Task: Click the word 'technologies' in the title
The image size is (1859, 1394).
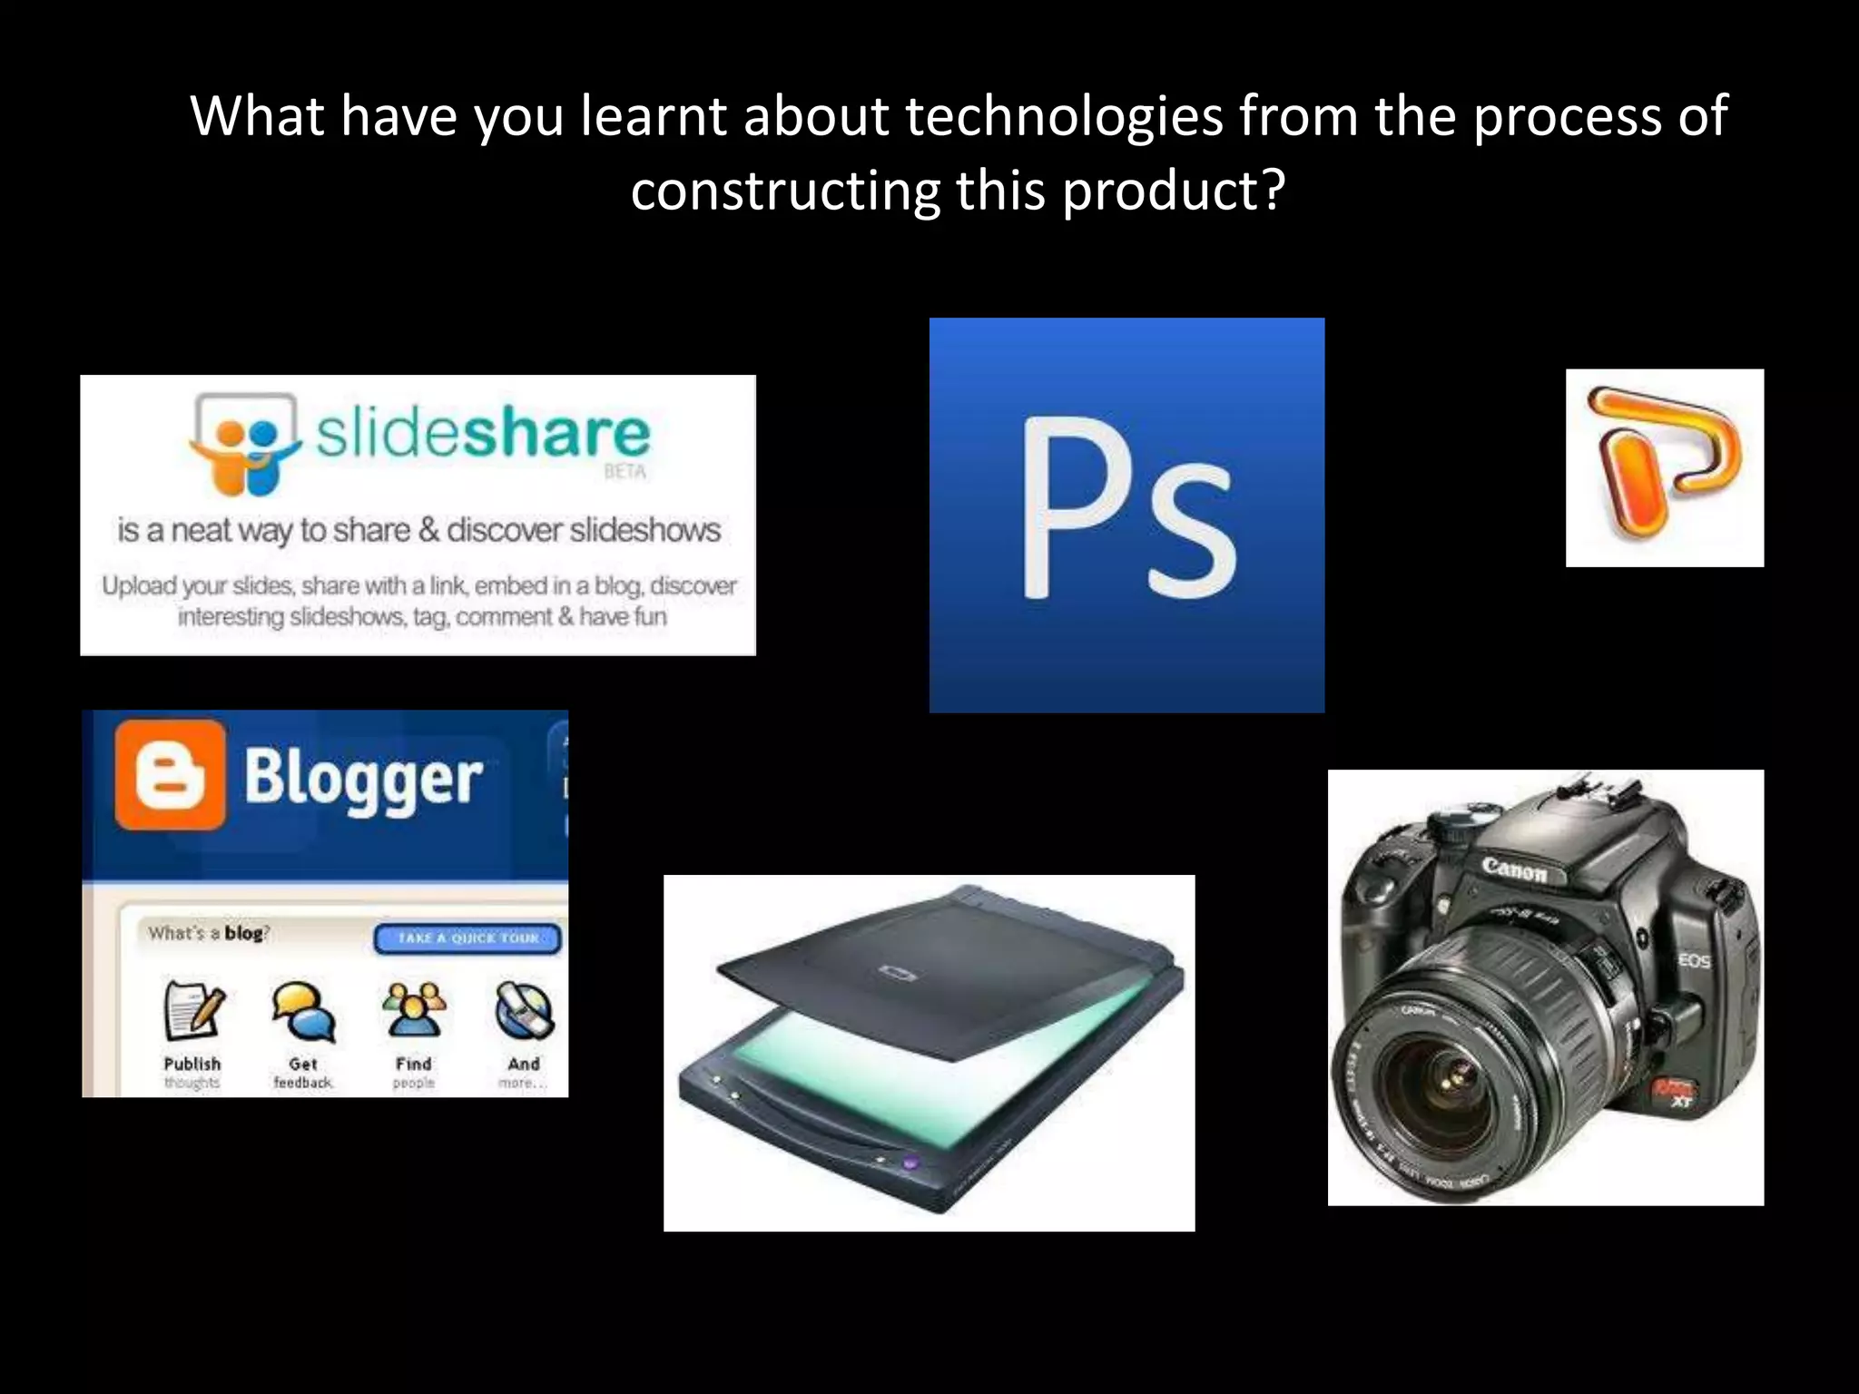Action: (1064, 118)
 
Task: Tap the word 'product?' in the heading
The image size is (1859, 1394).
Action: (1173, 192)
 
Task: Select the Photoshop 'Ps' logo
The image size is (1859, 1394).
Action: (1126, 514)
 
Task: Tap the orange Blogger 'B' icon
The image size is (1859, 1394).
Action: (170, 776)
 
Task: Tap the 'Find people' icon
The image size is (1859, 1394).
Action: (414, 1010)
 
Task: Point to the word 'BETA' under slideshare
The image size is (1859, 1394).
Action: (625, 472)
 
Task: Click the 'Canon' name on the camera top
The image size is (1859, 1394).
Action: (1514, 869)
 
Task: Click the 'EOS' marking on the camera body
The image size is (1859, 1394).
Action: (1694, 960)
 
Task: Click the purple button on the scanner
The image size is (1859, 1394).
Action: (910, 1163)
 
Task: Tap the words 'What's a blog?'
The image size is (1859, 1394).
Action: (209, 933)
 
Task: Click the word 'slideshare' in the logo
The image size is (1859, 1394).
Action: (483, 434)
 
